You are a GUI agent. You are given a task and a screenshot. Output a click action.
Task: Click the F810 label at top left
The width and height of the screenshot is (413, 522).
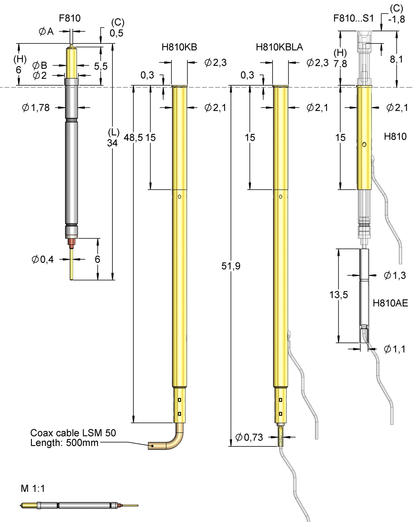coord(70,18)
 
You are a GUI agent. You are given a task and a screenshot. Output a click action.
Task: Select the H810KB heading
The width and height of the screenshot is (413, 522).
coord(179,47)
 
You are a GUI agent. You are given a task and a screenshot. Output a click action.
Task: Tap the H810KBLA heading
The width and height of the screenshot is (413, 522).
coord(279,47)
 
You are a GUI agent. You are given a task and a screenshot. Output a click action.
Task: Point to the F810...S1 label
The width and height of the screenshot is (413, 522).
coord(354,18)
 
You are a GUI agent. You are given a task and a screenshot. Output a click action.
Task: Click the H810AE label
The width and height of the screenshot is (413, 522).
coord(390,303)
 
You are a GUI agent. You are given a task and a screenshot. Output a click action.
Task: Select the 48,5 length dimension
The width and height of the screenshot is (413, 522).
coord(133,138)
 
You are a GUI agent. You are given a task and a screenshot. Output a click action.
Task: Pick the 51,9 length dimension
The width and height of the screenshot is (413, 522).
coord(231,266)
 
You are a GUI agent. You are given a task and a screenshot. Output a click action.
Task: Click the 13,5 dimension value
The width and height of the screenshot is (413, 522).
coord(338,294)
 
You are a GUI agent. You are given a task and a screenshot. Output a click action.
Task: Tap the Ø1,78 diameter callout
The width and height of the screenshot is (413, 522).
coord(36,108)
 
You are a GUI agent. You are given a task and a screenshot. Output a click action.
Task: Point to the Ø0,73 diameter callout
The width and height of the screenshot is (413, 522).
coord(249,437)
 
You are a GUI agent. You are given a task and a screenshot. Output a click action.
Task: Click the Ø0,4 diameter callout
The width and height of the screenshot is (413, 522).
coord(43,259)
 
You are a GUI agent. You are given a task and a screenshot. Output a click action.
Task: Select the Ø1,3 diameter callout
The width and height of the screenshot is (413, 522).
coord(395,275)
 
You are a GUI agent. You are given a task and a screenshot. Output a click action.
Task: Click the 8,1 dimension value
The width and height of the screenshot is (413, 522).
coord(396,59)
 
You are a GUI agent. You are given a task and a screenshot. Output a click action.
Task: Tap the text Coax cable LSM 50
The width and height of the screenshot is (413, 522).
coord(73,433)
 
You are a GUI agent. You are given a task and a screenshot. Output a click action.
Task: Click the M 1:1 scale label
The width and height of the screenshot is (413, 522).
coord(33,489)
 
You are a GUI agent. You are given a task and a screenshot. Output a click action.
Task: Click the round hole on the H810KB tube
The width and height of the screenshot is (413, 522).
coord(179,197)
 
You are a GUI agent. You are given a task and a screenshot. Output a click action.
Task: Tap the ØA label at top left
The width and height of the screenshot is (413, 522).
coord(46,32)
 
